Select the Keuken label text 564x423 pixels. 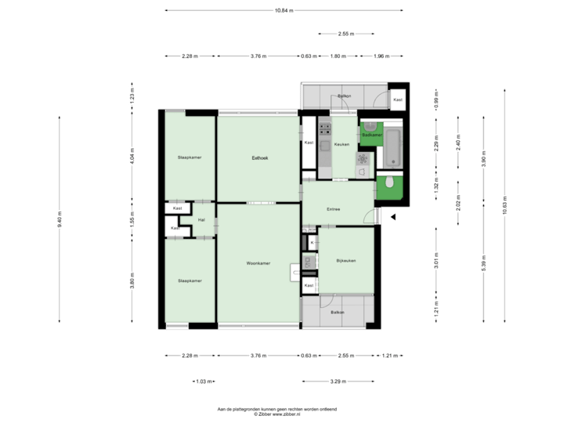(x=342, y=145)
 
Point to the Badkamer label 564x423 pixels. (x=371, y=135)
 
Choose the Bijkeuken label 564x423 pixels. (x=345, y=260)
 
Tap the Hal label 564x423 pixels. (x=201, y=220)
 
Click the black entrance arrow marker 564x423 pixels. (x=394, y=218)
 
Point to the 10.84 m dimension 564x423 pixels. (x=284, y=10)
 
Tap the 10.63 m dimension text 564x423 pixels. (x=505, y=206)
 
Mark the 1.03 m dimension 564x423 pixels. (x=204, y=381)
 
